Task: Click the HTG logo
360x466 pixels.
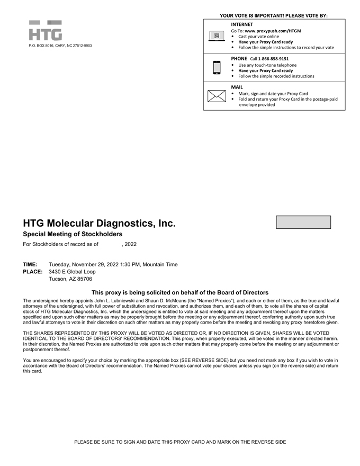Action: pos(45,31)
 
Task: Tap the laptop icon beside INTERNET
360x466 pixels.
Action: pos(216,37)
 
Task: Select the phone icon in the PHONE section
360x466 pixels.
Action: pos(216,68)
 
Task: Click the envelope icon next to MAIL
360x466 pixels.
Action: pos(216,96)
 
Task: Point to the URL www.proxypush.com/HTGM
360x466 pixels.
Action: pos(273,31)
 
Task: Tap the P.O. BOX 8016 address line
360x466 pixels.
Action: pos(60,46)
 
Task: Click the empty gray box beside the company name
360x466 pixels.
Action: pos(303,222)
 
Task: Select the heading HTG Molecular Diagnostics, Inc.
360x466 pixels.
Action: pos(99,223)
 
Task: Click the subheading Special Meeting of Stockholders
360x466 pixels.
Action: pos(73,234)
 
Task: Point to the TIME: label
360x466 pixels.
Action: pos(30,264)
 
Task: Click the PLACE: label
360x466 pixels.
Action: pos(32,272)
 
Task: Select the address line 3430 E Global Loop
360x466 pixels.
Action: pos(72,272)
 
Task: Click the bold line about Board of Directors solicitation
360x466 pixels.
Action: pos(180,292)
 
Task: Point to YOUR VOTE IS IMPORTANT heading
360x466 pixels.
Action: pos(274,15)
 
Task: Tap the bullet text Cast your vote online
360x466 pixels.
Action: pos(258,37)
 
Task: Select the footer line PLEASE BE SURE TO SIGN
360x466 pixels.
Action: pos(180,442)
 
